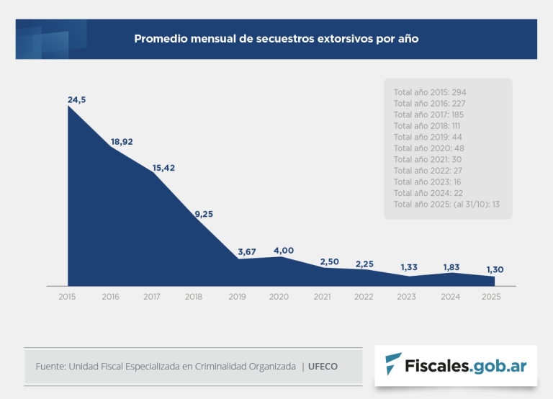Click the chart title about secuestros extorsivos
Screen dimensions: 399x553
pyautogui.click(x=276, y=39)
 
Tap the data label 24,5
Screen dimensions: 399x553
pyautogui.click(x=77, y=100)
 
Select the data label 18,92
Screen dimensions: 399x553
pyautogui.click(x=122, y=142)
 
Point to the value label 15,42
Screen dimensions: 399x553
pyautogui.click(x=163, y=168)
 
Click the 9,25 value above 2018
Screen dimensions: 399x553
pyautogui.click(x=204, y=213)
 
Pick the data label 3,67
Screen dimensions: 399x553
pyautogui.click(x=248, y=251)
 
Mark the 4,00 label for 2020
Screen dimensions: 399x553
pyautogui.click(x=283, y=250)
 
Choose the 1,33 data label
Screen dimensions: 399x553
pyautogui.click(x=409, y=268)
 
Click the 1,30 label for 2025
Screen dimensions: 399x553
pyautogui.click(x=495, y=269)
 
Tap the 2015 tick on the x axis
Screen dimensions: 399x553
pyautogui.click(x=68, y=297)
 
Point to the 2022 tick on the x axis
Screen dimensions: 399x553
pyautogui.click(x=364, y=297)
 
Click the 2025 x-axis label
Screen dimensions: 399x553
pyautogui.click(x=490, y=297)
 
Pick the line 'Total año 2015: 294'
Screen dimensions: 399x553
pyautogui.click(x=430, y=92)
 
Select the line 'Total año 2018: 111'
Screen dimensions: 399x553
pyautogui.click(x=427, y=126)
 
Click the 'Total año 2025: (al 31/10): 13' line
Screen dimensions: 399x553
pyautogui.click(x=446, y=205)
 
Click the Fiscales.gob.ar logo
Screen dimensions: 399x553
pyautogui.click(x=455, y=366)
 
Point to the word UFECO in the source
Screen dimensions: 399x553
pyautogui.click(x=323, y=367)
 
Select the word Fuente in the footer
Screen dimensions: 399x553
pyautogui.click(x=50, y=367)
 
